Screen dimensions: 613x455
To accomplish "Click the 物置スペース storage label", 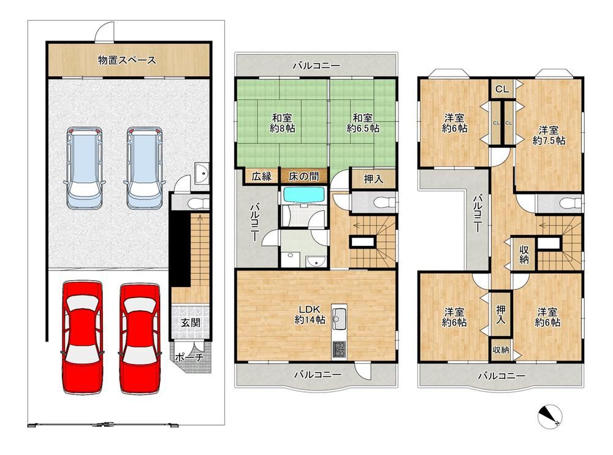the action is tap(127, 60).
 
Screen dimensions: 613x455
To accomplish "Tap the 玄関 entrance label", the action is tap(191, 323).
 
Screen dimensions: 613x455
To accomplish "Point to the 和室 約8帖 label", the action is tap(282, 123).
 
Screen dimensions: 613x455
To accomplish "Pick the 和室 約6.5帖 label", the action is tap(363, 123).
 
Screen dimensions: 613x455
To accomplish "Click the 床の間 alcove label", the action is tap(303, 177).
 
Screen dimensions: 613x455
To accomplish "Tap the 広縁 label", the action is tap(262, 177).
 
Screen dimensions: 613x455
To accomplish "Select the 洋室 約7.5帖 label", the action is tap(549, 135).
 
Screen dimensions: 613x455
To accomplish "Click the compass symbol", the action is tap(550, 416).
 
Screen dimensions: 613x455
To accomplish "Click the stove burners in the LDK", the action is tap(339, 350).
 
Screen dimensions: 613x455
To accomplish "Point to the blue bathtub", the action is tap(304, 195).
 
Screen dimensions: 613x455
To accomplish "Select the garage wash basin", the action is tap(202, 174).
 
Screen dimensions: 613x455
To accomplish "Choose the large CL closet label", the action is tap(503, 90).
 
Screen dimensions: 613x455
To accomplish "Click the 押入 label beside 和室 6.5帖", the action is tap(373, 179).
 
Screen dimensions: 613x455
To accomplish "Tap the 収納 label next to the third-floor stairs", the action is tap(524, 254).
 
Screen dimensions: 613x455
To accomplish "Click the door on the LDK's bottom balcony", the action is tap(362, 371).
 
